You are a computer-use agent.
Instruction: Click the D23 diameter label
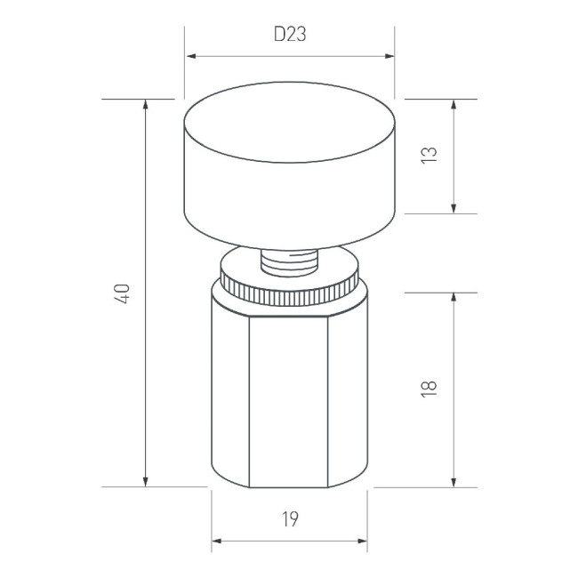coord(289,36)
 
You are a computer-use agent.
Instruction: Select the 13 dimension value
coord(429,155)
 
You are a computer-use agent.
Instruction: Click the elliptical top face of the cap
coord(289,131)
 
